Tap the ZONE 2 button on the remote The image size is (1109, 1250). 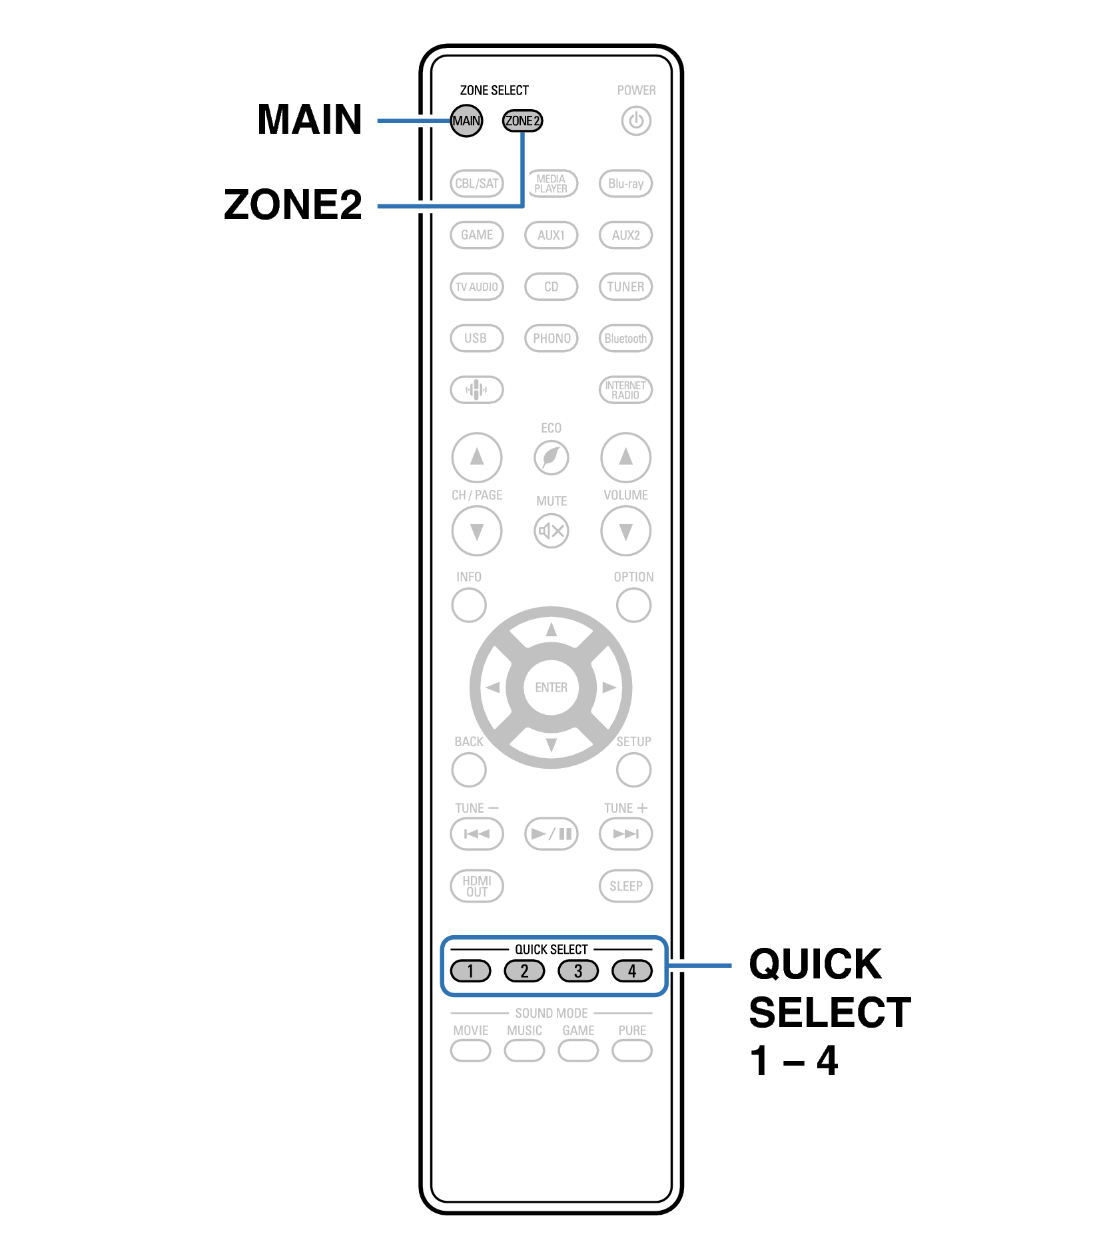click(x=522, y=120)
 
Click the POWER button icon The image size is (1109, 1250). click(x=636, y=121)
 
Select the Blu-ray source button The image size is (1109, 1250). click(x=625, y=183)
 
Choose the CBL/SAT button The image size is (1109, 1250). click(x=477, y=183)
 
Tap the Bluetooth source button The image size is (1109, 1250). click(x=625, y=338)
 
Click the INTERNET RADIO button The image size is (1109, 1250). click(x=625, y=389)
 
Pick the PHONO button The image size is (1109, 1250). click(x=552, y=338)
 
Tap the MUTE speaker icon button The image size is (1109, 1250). click(x=552, y=531)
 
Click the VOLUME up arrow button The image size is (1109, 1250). click(x=625, y=457)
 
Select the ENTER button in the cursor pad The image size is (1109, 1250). click(x=552, y=687)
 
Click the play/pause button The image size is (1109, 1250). click(x=552, y=833)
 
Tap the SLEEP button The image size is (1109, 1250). click(x=625, y=886)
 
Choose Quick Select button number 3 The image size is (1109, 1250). click(x=578, y=971)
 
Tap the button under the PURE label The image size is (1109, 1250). click(x=631, y=1050)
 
